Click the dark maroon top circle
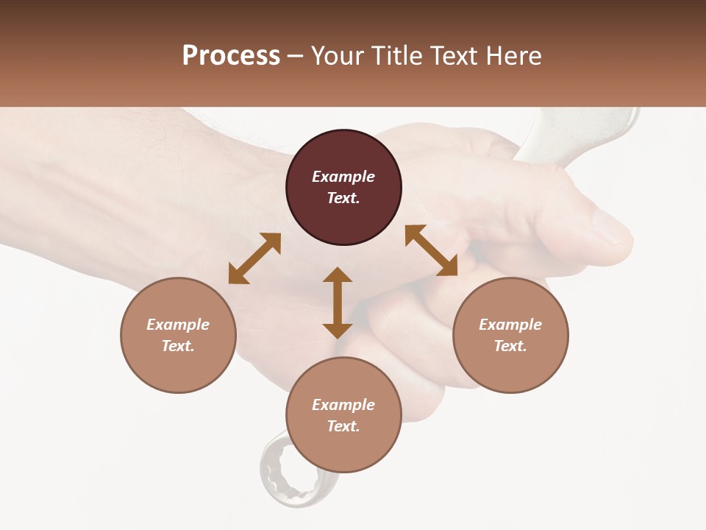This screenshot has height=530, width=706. pyautogui.click(x=343, y=188)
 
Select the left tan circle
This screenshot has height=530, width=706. pyautogui.click(x=178, y=335)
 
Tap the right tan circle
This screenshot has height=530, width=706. pyautogui.click(x=510, y=335)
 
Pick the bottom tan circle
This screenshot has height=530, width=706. pyautogui.click(x=343, y=415)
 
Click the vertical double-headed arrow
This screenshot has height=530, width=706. pyautogui.click(x=338, y=303)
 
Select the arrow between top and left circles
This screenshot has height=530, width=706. pyautogui.click(x=254, y=258)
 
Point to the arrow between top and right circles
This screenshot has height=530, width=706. pyautogui.click(x=431, y=250)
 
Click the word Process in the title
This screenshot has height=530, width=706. pyautogui.click(x=231, y=56)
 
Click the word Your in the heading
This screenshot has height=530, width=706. pyautogui.click(x=338, y=56)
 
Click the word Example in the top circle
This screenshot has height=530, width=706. pyautogui.click(x=343, y=177)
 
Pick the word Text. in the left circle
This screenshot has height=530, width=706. pyautogui.click(x=178, y=346)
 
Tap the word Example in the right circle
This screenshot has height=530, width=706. pyautogui.click(x=510, y=325)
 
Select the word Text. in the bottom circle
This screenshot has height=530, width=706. pyautogui.click(x=343, y=426)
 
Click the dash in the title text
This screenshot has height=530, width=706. pyautogui.click(x=296, y=56)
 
